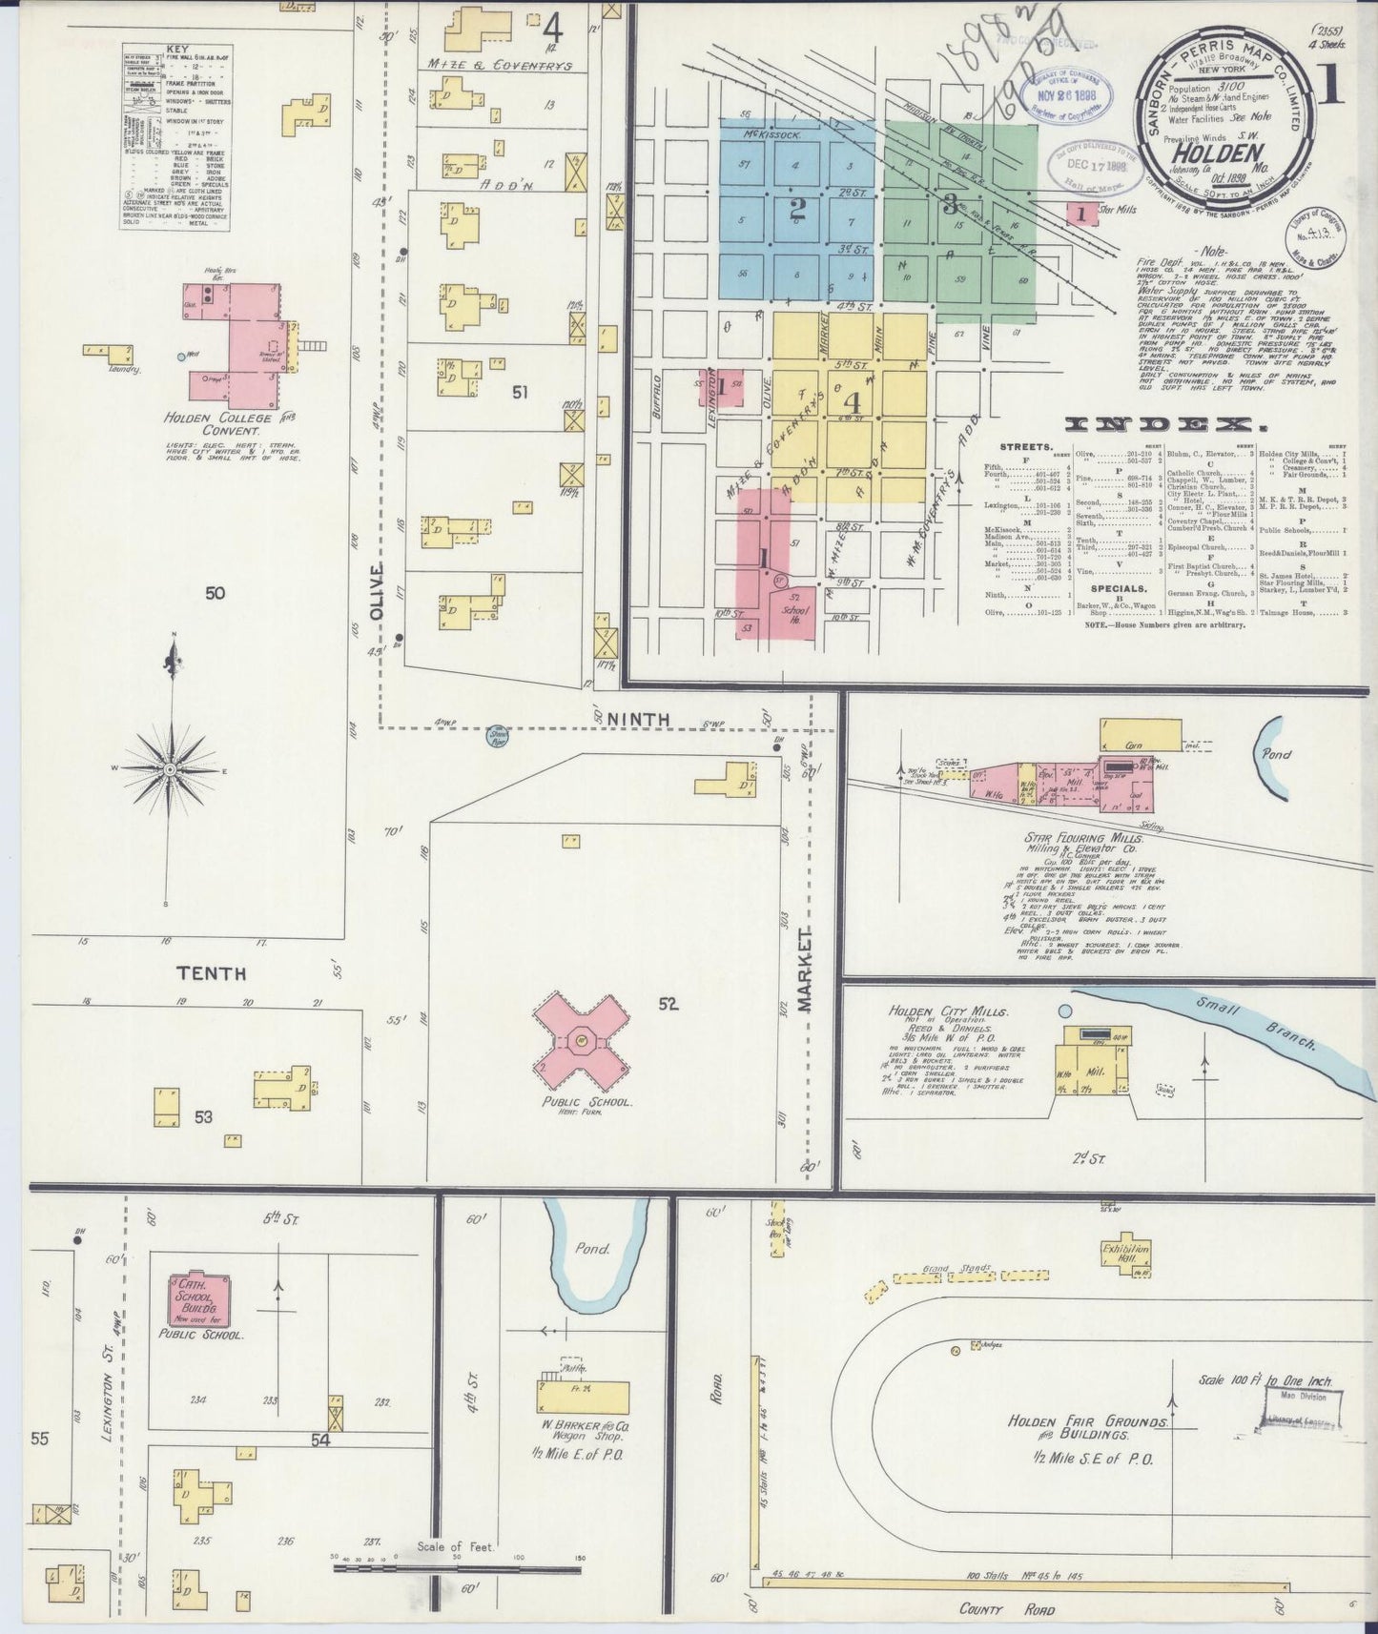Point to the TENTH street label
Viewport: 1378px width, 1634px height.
tap(210, 973)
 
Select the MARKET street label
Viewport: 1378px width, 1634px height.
tap(806, 968)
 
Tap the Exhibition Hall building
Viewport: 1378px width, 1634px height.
tap(1126, 1251)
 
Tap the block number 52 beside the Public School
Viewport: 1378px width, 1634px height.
tap(667, 1003)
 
